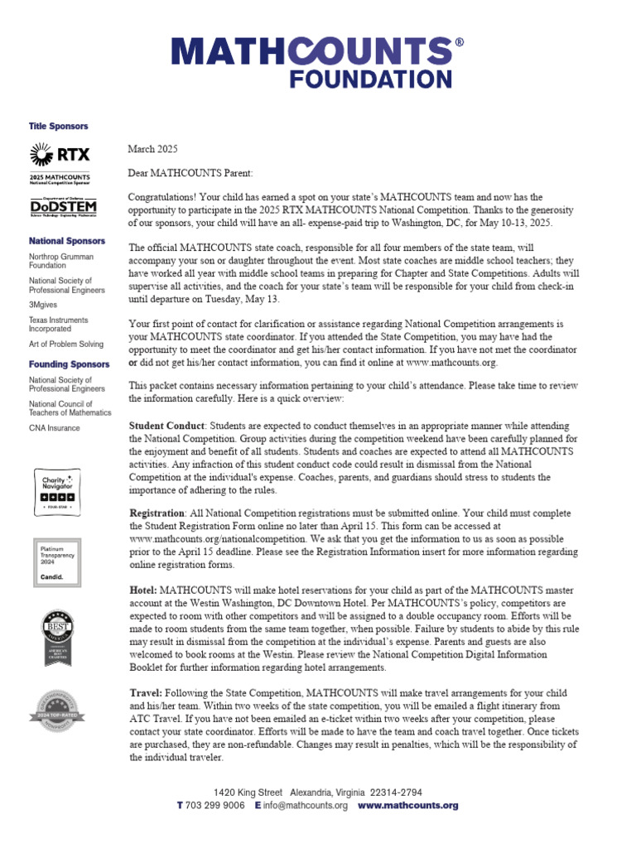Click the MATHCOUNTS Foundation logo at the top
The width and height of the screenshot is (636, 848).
point(317,62)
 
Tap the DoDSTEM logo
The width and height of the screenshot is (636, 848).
point(63,206)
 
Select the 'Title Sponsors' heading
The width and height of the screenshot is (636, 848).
point(58,127)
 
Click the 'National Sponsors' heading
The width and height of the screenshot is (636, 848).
point(67,241)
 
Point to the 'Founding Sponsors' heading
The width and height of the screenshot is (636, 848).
point(69,364)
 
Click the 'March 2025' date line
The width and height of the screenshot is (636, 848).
point(153,149)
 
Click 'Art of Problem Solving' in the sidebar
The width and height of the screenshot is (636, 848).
point(66,344)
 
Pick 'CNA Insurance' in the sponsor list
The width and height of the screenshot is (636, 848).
point(55,428)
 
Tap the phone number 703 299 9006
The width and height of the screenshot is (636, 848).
point(215,806)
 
